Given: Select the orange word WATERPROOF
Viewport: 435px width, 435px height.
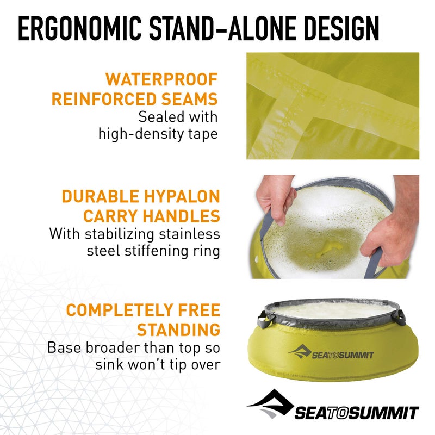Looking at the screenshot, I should [x=161, y=79].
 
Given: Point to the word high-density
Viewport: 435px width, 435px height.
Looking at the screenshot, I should [x=144, y=133].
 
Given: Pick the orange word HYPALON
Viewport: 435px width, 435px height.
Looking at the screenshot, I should [x=181, y=196].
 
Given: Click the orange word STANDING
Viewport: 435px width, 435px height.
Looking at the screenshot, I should [x=179, y=330].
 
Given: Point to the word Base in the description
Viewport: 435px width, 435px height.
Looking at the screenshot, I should [x=67, y=347].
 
